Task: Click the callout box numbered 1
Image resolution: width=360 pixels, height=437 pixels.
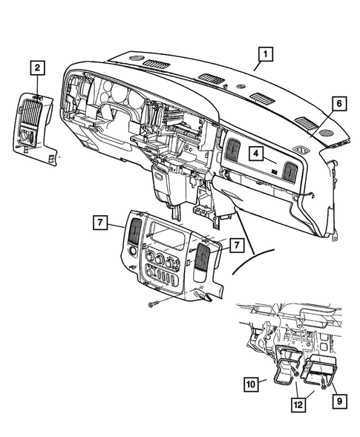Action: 265,53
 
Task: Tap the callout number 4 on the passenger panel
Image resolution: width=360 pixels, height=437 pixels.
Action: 255,154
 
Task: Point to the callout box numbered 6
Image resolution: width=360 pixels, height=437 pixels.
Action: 337,105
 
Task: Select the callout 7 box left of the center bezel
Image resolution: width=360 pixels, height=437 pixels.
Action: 99,223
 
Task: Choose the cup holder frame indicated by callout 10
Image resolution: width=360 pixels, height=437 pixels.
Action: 284,367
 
